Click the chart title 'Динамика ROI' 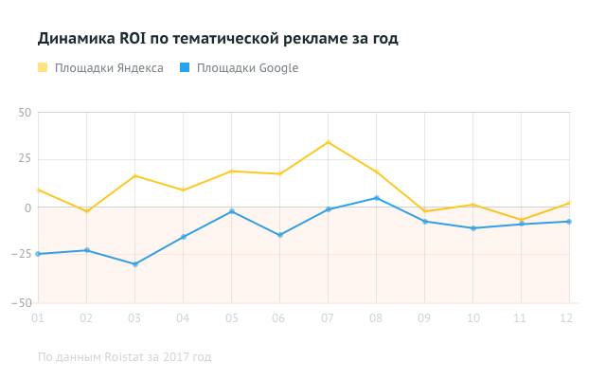coord(218,39)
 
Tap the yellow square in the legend coord(43,68)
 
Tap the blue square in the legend coord(185,68)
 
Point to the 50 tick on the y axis coord(25,112)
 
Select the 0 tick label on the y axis coord(27,208)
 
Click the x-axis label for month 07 coord(328,317)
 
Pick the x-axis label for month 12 coord(566,317)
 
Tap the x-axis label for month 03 coord(135,317)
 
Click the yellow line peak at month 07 coord(328,142)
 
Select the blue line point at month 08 coord(377,198)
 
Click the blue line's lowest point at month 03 coord(135,264)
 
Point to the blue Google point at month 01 coord(39,254)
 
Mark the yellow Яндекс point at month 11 coord(521,220)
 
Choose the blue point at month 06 coord(279,235)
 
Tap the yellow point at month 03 coord(135,176)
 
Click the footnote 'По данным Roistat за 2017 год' coord(124,357)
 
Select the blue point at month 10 coord(472,228)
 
